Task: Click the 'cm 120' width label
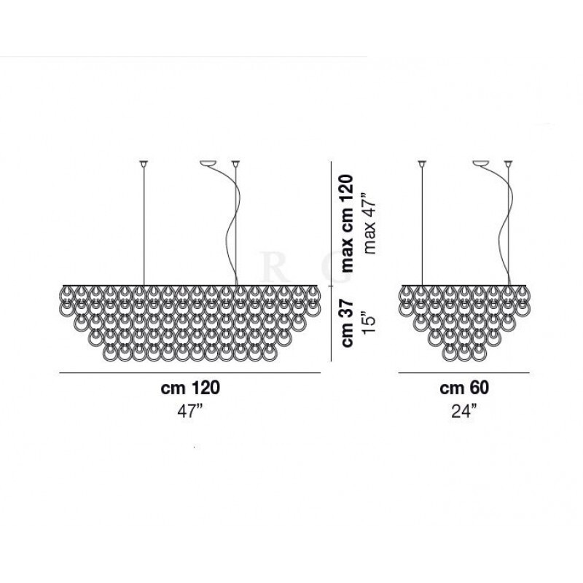click(190, 388)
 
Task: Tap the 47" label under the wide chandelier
click(190, 412)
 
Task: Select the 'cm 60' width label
click(464, 388)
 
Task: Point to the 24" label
click(464, 412)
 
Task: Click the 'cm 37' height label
click(348, 323)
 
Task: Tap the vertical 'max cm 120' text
click(348, 223)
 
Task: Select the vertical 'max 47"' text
click(370, 224)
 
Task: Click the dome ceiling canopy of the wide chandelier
click(208, 163)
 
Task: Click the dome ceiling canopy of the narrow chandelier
click(481, 163)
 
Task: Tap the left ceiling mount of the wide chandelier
click(144, 163)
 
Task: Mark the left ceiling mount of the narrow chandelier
click(422, 163)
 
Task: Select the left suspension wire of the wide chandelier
click(144, 226)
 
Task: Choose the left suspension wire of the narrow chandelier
click(422, 226)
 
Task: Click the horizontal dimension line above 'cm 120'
click(189, 372)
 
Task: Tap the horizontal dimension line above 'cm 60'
click(464, 372)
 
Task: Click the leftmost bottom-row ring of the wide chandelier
click(110, 353)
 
